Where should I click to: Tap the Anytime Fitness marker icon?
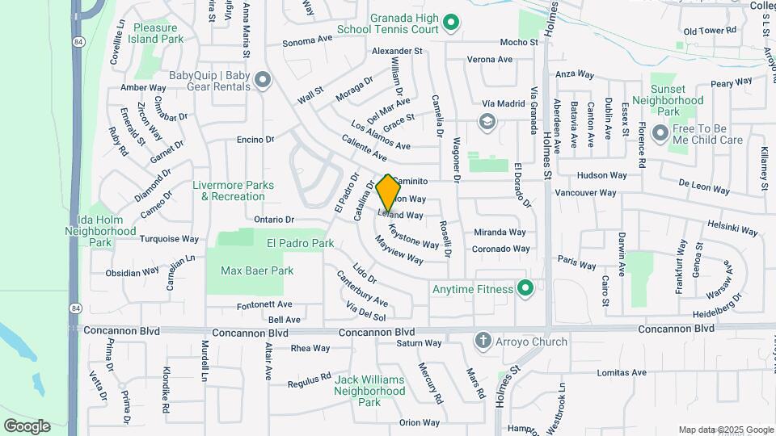pos(526,288)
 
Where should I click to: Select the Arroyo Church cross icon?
pos(483,341)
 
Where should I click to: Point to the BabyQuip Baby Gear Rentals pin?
pos(261,80)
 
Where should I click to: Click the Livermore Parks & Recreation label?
pos(229,190)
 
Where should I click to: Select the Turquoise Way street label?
pos(169,239)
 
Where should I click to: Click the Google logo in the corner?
pos(27,426)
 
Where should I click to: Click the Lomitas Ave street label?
pos(622,373)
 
